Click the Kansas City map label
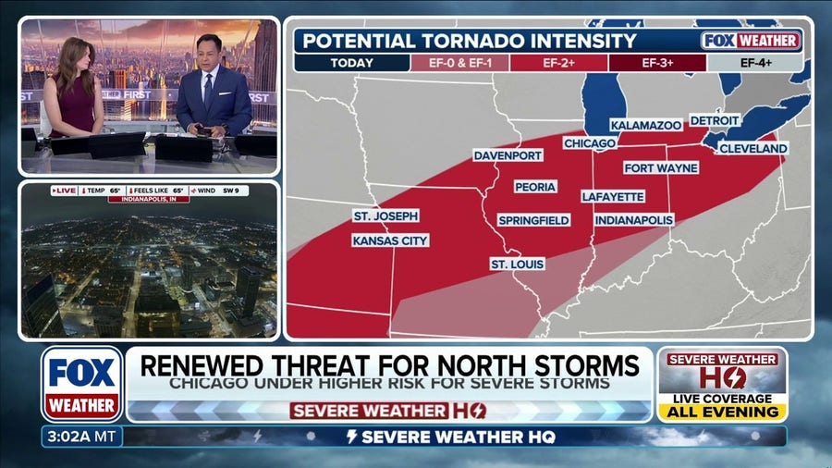point(390,240)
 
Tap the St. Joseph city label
point(385,216)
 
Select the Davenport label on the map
point(508,156)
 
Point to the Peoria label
point(534,187)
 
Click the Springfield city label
point(533,221)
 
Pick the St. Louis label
point(517,265)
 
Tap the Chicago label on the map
point(589,144)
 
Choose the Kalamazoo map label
point(645,125)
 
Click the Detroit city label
point(715,120)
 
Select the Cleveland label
point(752,148)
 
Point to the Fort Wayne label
point(660,168)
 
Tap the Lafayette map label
point(613,197)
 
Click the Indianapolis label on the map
point(633,220)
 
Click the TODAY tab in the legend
point(351,64)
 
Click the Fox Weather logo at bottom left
point(81,384)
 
